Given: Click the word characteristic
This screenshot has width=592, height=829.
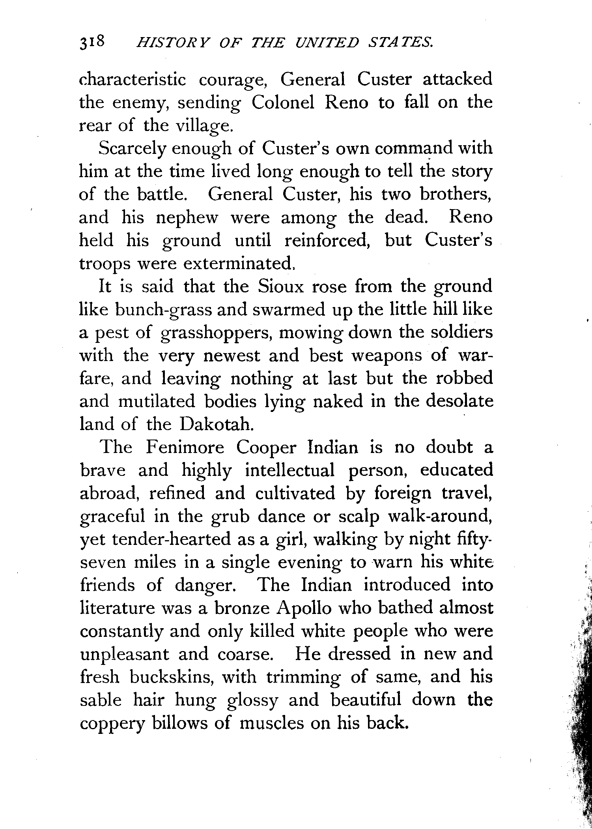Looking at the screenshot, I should click(x=133, y=80).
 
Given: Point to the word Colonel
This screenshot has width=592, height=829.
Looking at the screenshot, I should click(x=283, y=103).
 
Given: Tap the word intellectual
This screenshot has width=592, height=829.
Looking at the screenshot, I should click(x=289, y=470).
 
